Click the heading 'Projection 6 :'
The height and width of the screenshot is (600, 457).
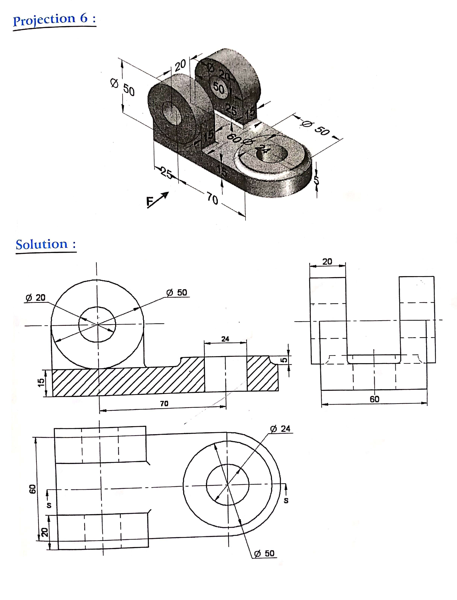coord(54,20)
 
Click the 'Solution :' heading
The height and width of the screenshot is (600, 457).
coord(46,244)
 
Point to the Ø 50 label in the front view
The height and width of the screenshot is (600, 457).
coord(177,292)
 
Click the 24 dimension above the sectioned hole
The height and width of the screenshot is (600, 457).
coord(225,339)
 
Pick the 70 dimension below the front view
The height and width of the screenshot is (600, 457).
coord(164,403)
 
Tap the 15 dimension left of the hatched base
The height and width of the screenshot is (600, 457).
coord(41,382)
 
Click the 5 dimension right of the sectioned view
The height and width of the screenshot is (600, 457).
coord(284,360)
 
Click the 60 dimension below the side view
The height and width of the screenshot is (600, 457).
coord(374,399)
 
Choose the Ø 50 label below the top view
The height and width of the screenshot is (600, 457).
coord(264,553)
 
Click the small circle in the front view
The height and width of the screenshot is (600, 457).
coord(97,324)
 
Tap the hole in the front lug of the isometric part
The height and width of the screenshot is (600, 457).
coord(171,113)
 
